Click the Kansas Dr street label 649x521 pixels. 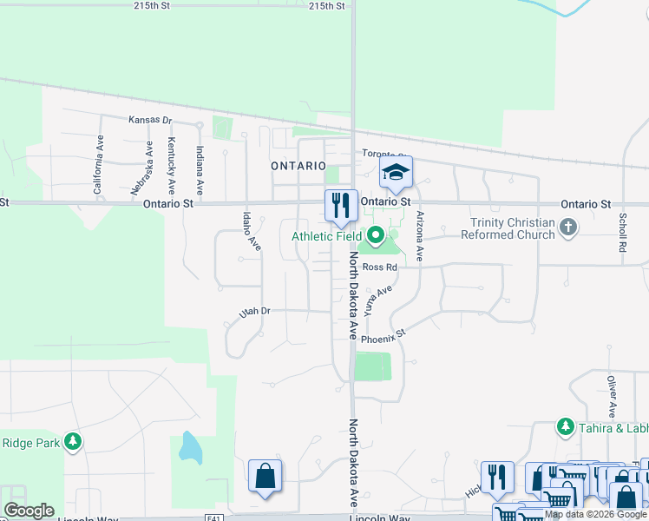tap(151, 120)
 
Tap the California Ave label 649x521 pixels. tap(98, 165)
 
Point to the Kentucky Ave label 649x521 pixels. tap(172, 165)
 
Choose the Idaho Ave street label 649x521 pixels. tap(252, 231)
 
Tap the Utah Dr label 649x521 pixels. tap(255, 310)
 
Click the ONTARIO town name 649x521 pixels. tap(298, 165)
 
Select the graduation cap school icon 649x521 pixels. tap(396, 172)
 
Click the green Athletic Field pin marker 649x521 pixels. tap(376, 234)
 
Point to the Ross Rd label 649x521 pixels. tap(379, 267)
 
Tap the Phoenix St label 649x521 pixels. tap(383, 337)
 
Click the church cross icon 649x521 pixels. tap(568, 228)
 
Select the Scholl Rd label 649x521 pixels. tap(622, 233)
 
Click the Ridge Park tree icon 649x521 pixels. tap(73, 442)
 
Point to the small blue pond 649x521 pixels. tap(188, 448)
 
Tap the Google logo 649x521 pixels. tap(29, 511)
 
